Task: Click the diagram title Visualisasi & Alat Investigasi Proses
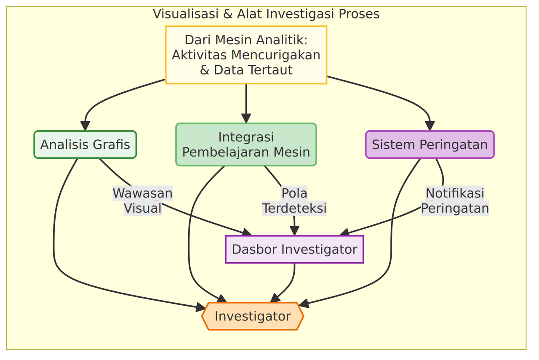coord(266,14)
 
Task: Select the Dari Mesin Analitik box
coord(246,55)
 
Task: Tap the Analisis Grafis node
coord(85,144)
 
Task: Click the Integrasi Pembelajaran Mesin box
coord(246,144)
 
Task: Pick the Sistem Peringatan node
coord(430,144)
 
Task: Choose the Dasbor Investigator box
coord(294,249)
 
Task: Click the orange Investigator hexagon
coord(253,316)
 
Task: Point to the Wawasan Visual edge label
coord(143,200)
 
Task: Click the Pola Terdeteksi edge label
coord(294,200)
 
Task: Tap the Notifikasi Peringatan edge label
coord(455,200)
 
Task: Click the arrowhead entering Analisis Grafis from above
coord(85,126)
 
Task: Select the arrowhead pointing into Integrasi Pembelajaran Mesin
coord(246,118)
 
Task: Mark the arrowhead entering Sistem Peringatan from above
coord(430,126)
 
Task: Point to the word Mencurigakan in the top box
coord(276,55)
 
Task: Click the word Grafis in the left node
coord(112,144)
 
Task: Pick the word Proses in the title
coord(359,14)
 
